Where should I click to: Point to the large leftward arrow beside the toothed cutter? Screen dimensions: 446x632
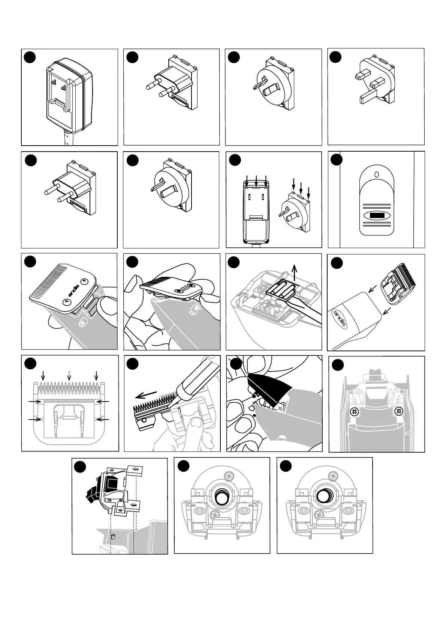click(x=146, y=394)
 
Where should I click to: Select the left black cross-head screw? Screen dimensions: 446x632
click(x=353, y=412)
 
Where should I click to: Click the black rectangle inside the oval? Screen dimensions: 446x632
click(x=376, y=216)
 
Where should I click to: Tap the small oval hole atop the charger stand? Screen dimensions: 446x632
click(x=376, y=175)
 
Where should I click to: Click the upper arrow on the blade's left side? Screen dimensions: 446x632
click(x=35, y=402)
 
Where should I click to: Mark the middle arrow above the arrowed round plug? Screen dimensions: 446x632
click(x=301, y=185)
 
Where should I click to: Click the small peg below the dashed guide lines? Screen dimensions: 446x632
click(x=113, y=537)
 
